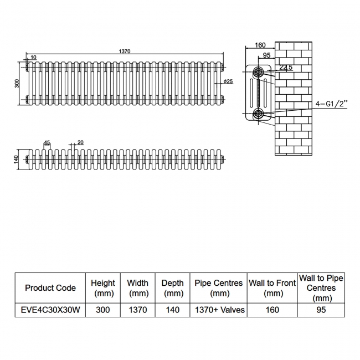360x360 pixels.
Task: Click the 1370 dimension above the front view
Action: [x=125, y=51]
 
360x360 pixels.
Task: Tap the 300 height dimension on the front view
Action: [x=17, y=83]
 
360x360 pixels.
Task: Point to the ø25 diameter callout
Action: [x=228, y=81]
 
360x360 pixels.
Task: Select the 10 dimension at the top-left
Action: [x=33, y=57]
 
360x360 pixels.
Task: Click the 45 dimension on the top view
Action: [x=47, y=143]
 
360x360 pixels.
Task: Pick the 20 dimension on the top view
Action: [x=80, y=142]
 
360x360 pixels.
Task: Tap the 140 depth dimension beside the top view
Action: [x=16, y=160]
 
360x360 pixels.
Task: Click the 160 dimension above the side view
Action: [x=260, y=45]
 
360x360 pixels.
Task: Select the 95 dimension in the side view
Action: [x=266, y=55]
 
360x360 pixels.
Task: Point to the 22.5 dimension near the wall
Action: [x=286, y=67]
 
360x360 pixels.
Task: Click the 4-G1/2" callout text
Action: [x=331, y=104]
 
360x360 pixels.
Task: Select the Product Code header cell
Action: [x=50, y=288]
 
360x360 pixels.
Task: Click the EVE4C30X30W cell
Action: [x=50, y=310]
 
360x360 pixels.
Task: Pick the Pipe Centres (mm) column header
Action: [x=219, y=288]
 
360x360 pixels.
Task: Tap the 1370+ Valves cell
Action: [x=220, y=310]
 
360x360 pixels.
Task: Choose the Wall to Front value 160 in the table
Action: [x=272, y=310]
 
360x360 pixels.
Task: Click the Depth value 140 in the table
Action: [x=172, y=310]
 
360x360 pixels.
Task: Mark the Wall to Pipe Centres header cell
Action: [x=321, y=288]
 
